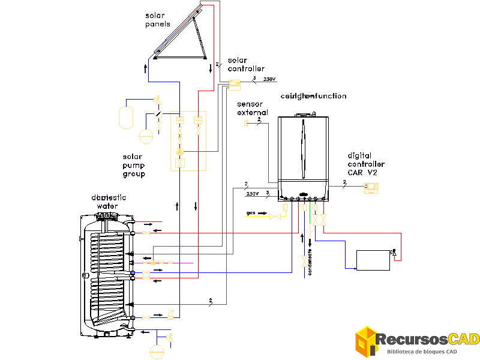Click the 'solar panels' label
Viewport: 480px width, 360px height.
coord(157,20)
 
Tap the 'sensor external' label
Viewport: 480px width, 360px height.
coord(252,109)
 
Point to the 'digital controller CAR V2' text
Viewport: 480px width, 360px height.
coord(366,164)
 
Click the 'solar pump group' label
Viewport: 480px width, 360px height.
coord(134,166)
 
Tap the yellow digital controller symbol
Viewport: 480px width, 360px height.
coord(372,188)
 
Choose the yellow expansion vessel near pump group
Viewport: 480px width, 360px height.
coord(126,117)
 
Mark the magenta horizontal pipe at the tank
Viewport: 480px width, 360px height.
coord(174,263)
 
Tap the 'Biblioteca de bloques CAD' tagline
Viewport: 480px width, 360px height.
coord(422,352)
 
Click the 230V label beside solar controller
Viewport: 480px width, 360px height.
coord(269,79)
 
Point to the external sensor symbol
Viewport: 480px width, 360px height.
coord(246,124)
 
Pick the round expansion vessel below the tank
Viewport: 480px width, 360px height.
coord(157,350)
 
